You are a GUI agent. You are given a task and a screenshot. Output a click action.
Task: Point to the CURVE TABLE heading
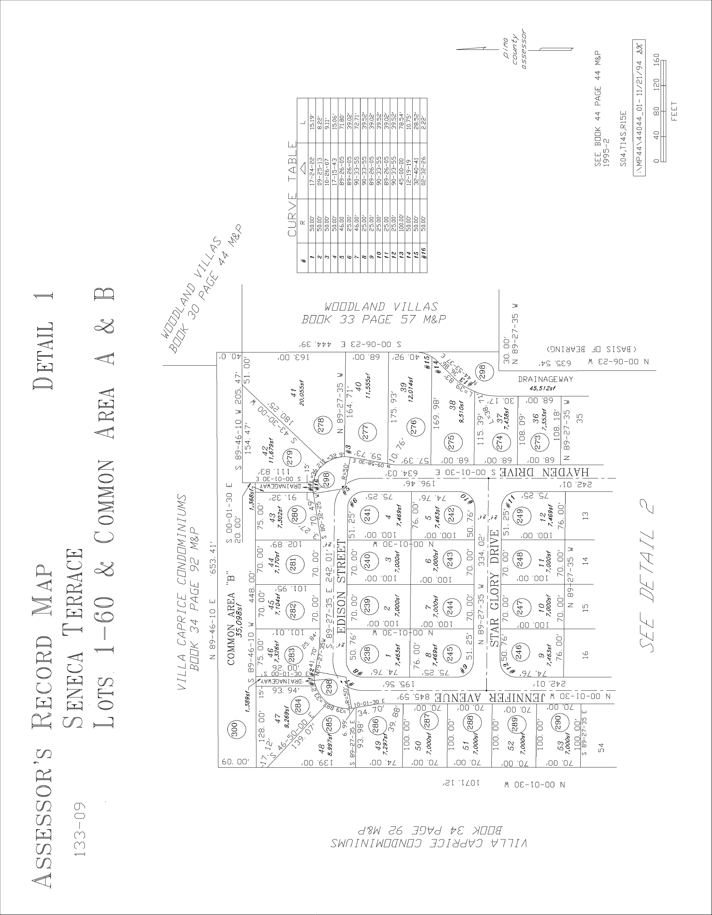click(x=292, y=189)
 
